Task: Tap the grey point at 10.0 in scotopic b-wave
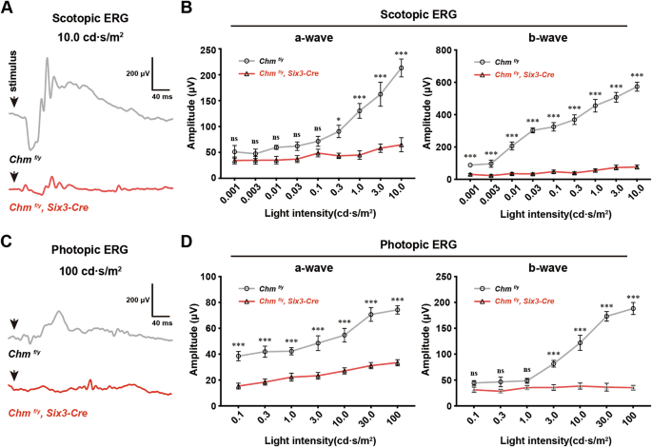point(636,87)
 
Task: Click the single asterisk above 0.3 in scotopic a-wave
point(337,120)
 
